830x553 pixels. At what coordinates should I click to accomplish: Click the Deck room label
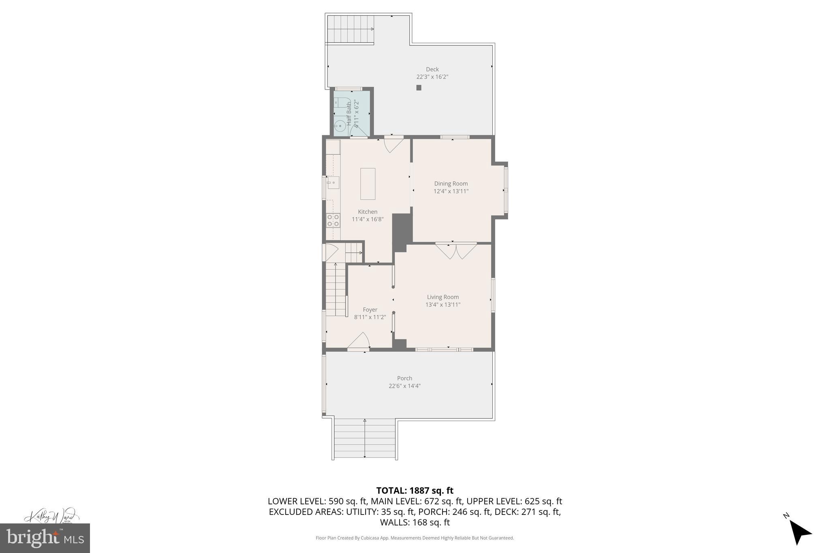click(x=432, y=69)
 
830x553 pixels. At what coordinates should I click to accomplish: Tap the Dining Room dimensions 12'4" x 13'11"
click(x=451, y=191)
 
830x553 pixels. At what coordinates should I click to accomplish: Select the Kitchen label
click(x=368, y=212)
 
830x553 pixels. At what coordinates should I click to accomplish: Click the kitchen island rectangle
click(x=368, y=184)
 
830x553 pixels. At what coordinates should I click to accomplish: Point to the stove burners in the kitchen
click(x=333, y=220)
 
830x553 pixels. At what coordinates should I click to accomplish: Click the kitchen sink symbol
click(x=333, y=183)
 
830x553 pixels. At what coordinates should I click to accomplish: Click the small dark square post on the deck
click(x=419, y=88)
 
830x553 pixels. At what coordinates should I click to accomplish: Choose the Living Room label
click(x=443, y=297)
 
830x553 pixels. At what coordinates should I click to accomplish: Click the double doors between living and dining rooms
click(x=456, y=250)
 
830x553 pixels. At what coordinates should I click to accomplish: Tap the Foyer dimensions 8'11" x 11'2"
click(x=370, y=317)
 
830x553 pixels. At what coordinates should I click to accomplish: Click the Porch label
click(x=404, y=378)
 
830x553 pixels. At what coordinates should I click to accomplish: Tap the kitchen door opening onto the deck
click(x=394, y=144)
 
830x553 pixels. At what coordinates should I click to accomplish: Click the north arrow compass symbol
click(x=799, y=532)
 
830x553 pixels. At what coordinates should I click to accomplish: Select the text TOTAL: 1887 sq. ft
click(x=415, y=491)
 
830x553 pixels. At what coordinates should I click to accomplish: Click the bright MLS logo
click(x=45, y=538)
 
